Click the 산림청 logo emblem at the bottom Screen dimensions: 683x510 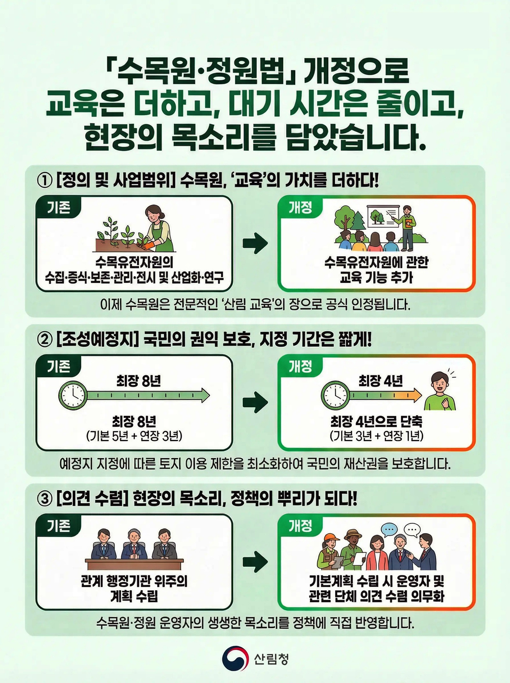[x=235, y=659]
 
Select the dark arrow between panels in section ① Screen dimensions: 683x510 [x=255, y=244]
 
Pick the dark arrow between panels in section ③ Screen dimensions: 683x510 [x=255, y=562]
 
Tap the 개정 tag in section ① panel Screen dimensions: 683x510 [x=300, y=208]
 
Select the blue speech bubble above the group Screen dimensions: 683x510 [x=389, y=529]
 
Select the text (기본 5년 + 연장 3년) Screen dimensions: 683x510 [x=134, y=436]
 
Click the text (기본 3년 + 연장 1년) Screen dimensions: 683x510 [x=376, y=436]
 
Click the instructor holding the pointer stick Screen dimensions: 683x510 [x=407, y=227]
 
